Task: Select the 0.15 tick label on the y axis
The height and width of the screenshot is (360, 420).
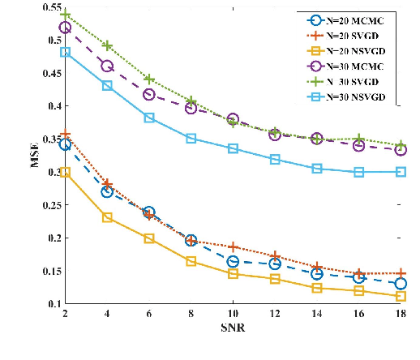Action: tap(52, 271)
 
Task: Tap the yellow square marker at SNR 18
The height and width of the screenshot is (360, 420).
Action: tap(401, 297)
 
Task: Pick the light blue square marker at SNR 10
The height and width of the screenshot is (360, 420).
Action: tap(234, 148)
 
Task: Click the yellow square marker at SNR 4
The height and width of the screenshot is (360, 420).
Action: tap(107, 217)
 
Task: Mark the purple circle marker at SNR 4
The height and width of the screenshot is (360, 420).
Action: tap(107, 66)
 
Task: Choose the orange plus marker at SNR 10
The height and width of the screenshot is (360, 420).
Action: tap(234, 246)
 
